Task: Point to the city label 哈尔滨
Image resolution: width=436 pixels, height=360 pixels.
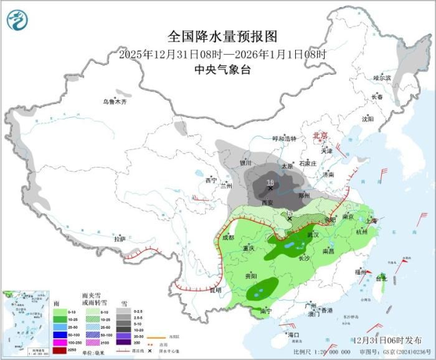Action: click(x=382, y=78)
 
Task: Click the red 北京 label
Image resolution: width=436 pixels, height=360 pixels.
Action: click(x=319, y=135)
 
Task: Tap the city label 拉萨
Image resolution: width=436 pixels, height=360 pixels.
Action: click(x=120, y=239)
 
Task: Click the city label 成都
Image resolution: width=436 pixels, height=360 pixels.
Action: click(x=227, y=237)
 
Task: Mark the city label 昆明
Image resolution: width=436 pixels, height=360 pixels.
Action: click(x=215, y=290)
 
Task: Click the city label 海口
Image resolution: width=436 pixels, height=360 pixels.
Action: click(x=294, y=335)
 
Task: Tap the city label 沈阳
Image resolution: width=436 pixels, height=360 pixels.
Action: click(x=367, y=118)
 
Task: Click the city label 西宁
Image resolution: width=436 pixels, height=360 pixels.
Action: click(x=211, y=180)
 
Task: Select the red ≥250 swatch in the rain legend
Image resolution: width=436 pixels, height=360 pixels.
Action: click(x=58, y=349)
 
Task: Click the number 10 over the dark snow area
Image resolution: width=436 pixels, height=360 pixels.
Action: click(x=270, y=182)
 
